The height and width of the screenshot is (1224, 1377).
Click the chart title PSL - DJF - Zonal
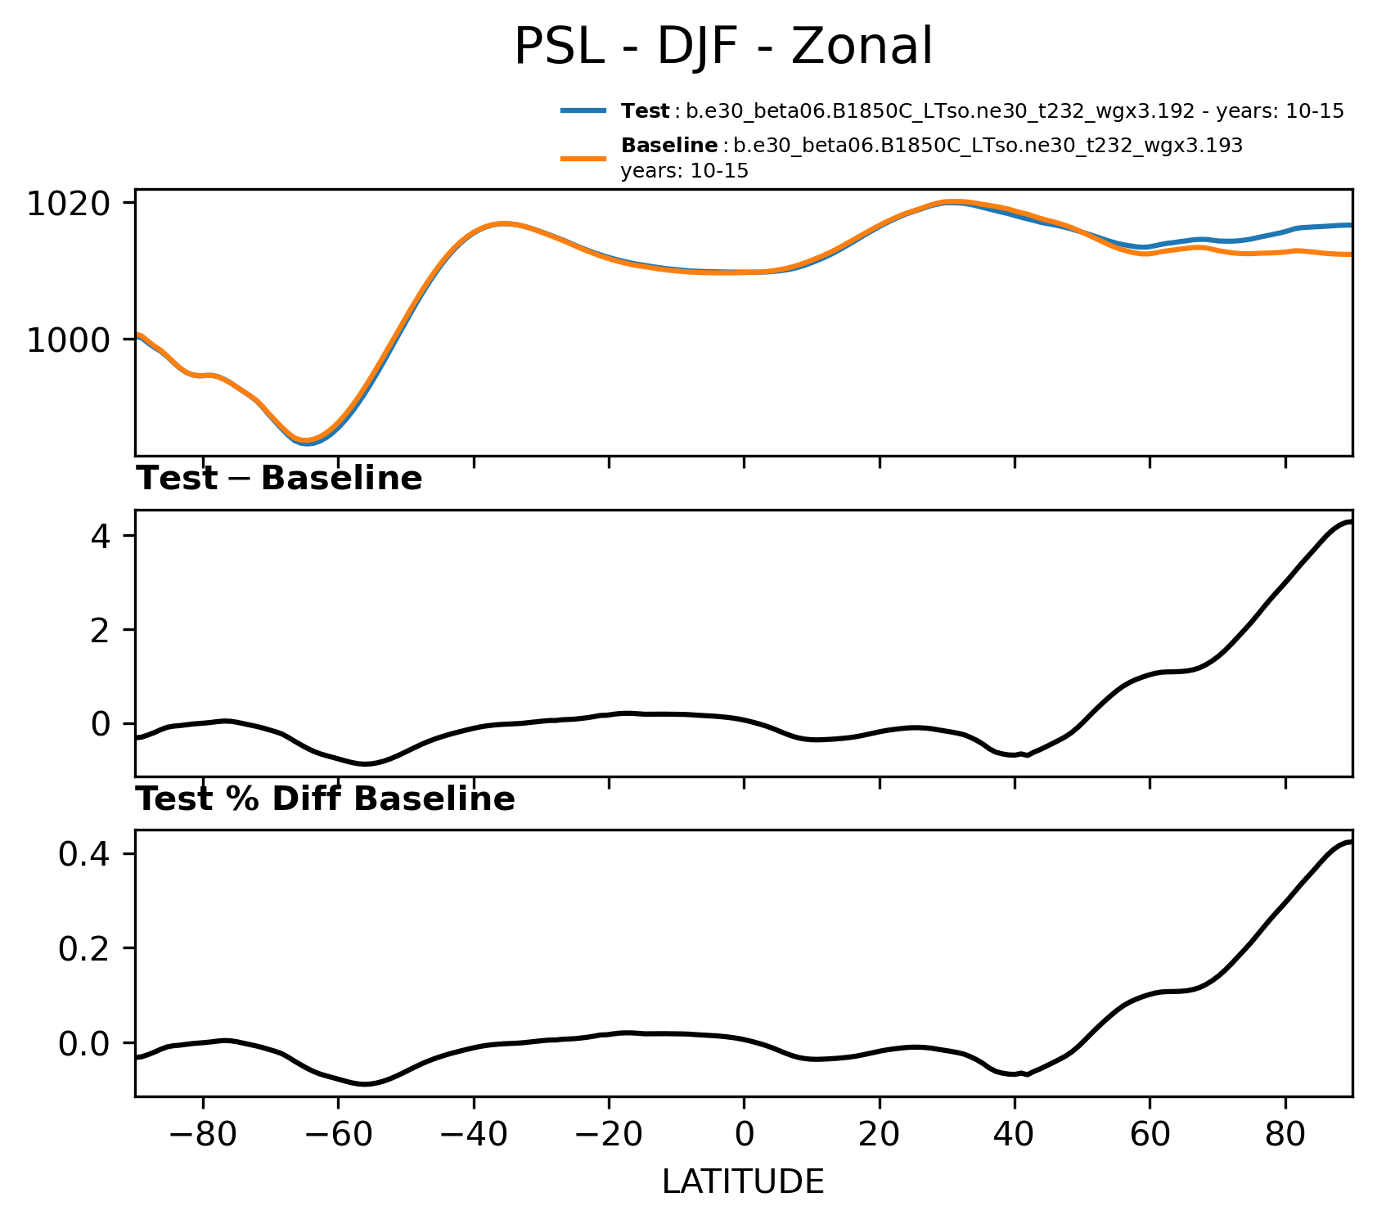click(x=723, y=47)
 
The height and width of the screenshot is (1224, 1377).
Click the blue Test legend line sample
click(x=583, y=110)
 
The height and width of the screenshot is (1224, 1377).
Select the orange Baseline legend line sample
click(x=583, y=158)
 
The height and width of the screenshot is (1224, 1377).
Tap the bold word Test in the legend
click(x=645, y=111)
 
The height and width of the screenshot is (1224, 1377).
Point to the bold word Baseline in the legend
click(x=669, y=146)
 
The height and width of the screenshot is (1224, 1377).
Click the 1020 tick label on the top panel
click(x=68, y=203)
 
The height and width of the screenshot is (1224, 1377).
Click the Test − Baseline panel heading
click(x=279, y=479)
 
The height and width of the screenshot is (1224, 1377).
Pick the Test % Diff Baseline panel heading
click(x=325, y=799)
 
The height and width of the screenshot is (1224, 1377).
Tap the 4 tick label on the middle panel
click(x=101, y=536)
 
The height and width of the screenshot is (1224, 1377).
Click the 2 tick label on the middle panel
click(x=101, y=630)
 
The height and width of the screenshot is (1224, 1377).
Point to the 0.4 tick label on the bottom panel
click(x=84, y=854)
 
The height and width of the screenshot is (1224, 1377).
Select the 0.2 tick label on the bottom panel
click(x=84, y=948)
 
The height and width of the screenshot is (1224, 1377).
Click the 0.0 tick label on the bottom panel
click(x=84, y=1043)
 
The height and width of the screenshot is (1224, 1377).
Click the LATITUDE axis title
click(x=743, y=1182)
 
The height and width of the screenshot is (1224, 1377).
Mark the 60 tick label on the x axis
click(x=1149, y=1135)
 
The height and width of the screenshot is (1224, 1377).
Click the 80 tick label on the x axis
click(x=1285, y=1135)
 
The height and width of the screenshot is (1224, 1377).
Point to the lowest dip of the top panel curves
click(x=306, y=442)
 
